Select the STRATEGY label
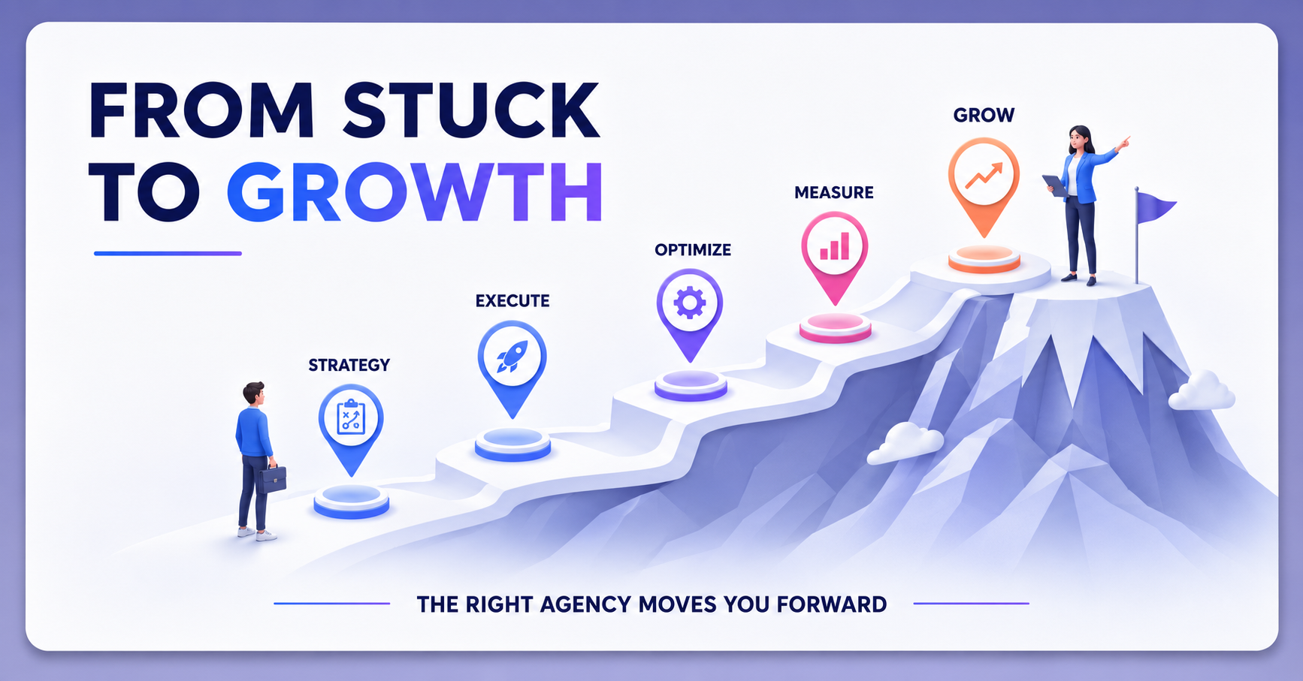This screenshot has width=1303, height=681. tap(349, 365)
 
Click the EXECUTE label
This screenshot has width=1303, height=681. tap(512, 301)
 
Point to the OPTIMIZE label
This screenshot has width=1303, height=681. tap(693, 250)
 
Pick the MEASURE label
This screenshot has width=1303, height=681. tap(834, 193)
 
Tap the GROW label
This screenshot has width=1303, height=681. tap(984, 116)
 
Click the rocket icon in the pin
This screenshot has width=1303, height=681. tap(512, 356)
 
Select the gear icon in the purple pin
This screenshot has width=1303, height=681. tap(690, 303)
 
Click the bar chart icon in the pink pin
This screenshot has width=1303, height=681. tap(835, 246)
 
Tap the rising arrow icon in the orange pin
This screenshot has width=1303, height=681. tap(984, 174)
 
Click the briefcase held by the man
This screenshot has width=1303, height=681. tap(272, 478)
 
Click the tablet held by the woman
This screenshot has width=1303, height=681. tap(1054, 185)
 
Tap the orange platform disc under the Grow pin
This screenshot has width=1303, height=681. tap(984, 259)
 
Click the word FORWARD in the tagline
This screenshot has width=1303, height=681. tap(831, 604)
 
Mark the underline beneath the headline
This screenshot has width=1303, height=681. tap(168, 254)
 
